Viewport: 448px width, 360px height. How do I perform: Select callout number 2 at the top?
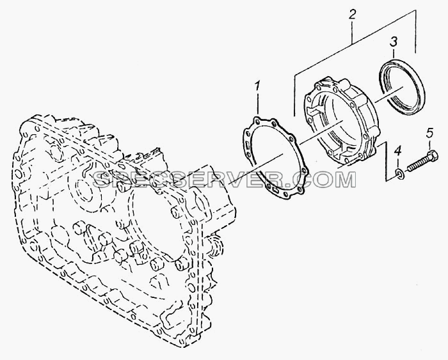click(352, 15)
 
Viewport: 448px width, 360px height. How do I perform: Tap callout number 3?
click(394, 42)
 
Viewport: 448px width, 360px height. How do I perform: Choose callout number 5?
click(430, 133)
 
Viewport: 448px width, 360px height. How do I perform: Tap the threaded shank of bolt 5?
click(417, 166)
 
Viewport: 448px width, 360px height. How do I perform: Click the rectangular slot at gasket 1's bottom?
click(276, 190)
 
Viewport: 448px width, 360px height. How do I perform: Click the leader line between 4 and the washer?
click(399, 162)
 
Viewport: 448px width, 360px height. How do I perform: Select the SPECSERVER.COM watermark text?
click(225, 179)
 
